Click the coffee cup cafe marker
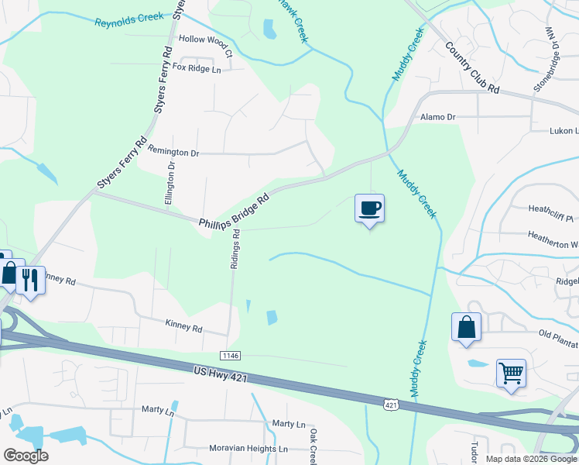click(369, 208)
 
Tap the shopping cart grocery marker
click(511, 374)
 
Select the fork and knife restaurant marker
click(30, 279)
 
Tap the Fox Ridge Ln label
click(197, 68)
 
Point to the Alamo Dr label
click(438, 117)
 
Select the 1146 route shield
click(229, 355)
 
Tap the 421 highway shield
click(391, 405)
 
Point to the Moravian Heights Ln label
click(248, 449)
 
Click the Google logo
click(25, 456)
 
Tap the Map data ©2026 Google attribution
click(531, 459)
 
